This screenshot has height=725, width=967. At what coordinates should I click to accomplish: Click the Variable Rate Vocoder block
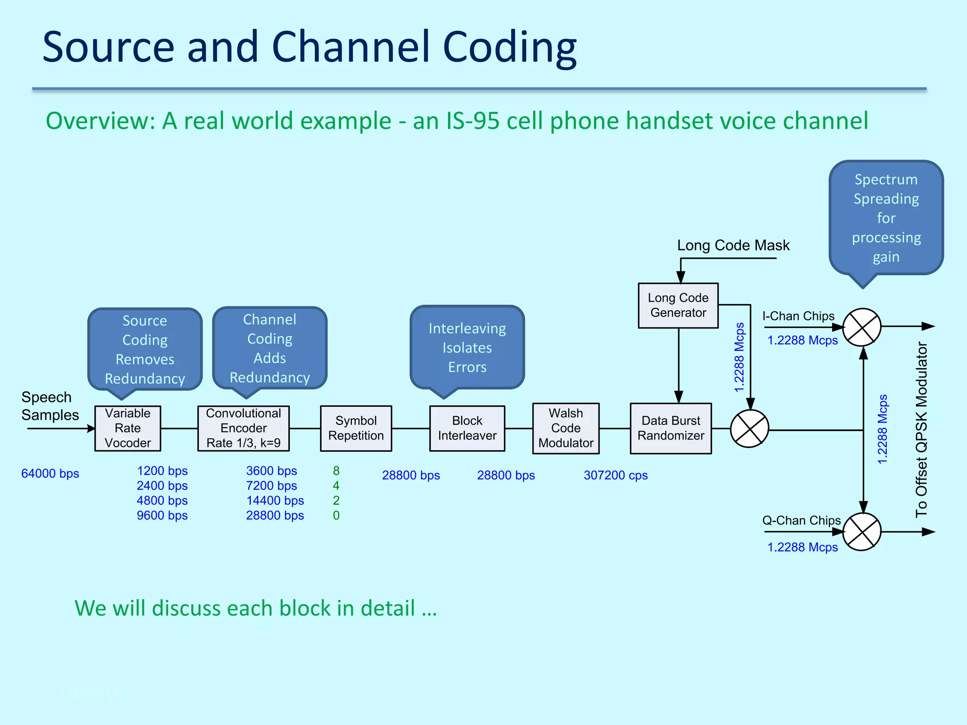(127, 428)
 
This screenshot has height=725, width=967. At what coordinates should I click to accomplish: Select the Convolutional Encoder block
(243, 428)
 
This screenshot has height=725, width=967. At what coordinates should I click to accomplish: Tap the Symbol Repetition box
(356, 428)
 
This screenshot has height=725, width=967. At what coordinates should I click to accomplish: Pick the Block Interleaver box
(467, 428)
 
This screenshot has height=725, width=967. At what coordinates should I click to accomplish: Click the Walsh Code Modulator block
(566, 428)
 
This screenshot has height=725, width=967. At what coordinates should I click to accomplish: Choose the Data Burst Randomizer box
(670, 428)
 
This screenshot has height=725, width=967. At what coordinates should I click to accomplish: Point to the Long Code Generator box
(678, 305)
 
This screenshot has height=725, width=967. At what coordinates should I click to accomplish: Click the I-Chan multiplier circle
(862, 327)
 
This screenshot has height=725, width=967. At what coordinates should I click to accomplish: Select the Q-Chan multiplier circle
(862, 532)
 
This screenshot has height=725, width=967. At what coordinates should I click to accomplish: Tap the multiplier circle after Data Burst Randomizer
(749, 429)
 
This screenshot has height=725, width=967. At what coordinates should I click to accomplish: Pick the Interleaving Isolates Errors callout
(467, 348)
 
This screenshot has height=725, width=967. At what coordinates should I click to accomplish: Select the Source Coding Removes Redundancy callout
(145, 349)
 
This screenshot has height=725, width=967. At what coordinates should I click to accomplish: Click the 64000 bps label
(50, 473)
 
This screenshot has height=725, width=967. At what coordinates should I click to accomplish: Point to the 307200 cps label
(615, 475)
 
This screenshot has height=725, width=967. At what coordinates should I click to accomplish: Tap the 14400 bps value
(275, 500)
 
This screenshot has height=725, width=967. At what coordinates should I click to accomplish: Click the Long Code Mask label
(733, 245)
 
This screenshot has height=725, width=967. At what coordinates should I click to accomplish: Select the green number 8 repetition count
(336, 471)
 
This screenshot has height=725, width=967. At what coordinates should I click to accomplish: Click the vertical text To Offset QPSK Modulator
(921, 430)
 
